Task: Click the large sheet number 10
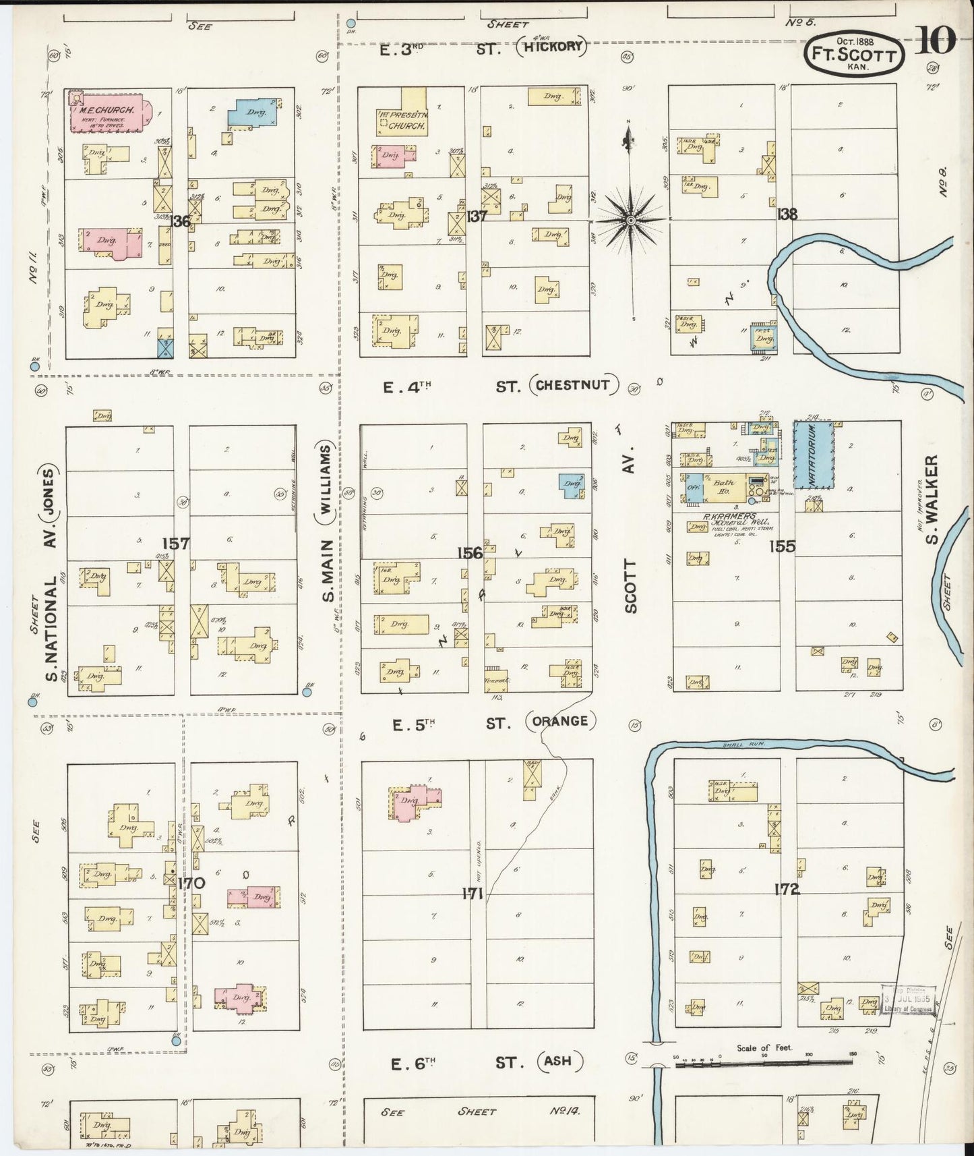[x=936, y=42]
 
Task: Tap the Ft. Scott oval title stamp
[x=853, y=55]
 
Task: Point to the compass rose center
[x=631, y=220]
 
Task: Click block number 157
[x=176, y=544]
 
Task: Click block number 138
[x=787, y=214]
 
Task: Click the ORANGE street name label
[x=559, y=721]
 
